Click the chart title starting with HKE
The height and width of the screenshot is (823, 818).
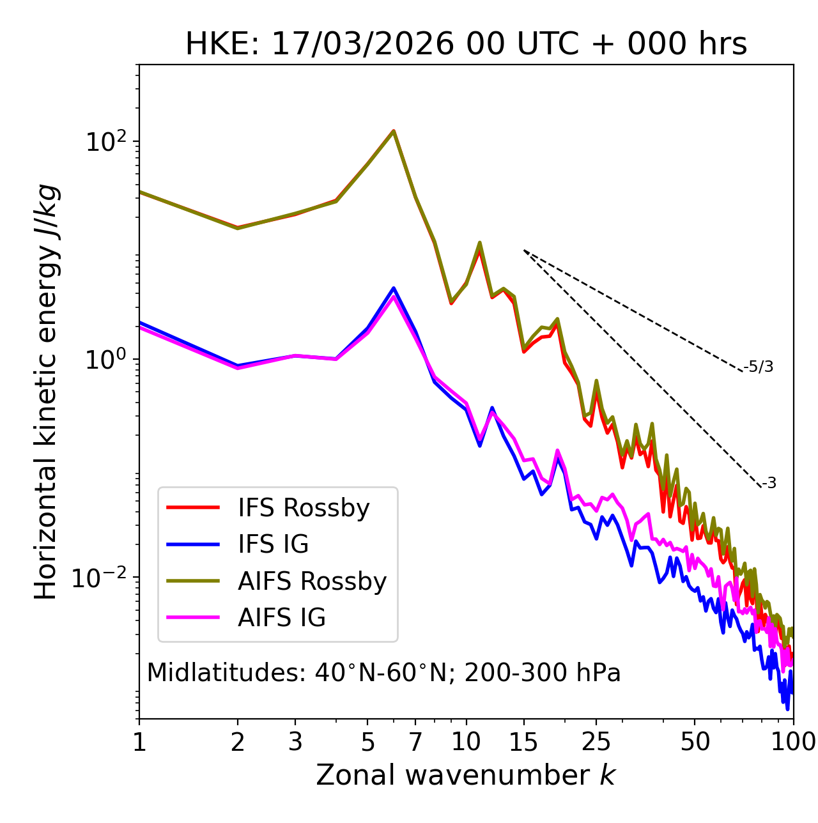click(466, 45)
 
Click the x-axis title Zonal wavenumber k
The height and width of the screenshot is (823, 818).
click(466, 775)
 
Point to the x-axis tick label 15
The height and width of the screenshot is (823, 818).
click(523, 742)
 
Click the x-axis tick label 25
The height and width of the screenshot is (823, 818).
click(596, 742)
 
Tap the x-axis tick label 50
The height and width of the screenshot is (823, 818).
click(695, 742)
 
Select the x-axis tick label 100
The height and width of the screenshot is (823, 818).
click(793, 742)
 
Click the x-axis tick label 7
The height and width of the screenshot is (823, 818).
click(415, 742)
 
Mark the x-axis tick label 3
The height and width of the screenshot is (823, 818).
click(295, 742)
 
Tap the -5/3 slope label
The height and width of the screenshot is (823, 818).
click(759, 367)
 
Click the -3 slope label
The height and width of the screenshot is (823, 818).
click(769, 484)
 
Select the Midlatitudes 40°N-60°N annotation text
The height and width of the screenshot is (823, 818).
click(383, 673)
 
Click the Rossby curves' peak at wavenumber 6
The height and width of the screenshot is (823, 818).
click(394, 131)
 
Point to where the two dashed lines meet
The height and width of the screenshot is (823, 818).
click(524, 250)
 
